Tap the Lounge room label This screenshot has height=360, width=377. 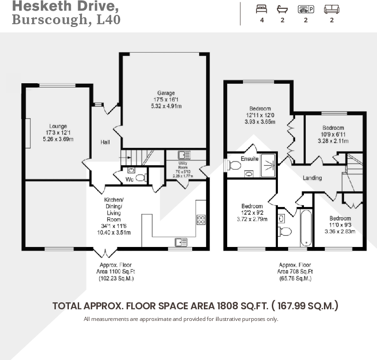click(58, 126)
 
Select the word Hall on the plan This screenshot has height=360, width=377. click(105, 142)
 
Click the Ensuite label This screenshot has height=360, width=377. click(249, 159)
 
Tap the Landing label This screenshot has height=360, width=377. click(312, 178)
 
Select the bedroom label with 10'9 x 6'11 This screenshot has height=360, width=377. click(333, 128)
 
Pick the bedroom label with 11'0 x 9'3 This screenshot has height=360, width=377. click(340, 218)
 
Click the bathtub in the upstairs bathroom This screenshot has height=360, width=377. click(306, 228)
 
